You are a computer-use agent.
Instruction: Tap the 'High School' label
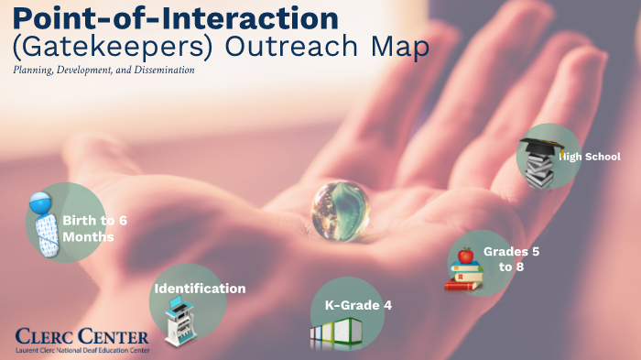pyautogui.click(x=591, y=157)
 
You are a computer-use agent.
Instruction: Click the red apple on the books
pyautogui.click(x=466, y=255)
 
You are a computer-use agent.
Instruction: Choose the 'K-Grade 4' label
pyautogui.click(x=358, y=305)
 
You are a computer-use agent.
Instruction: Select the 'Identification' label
pyautogui.click(x=200, y=289)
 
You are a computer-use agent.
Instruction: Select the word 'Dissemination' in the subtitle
pyautogui.click(x=164, y=70)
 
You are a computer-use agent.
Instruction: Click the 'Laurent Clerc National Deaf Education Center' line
pyautogui.click(x=82, y=349)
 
